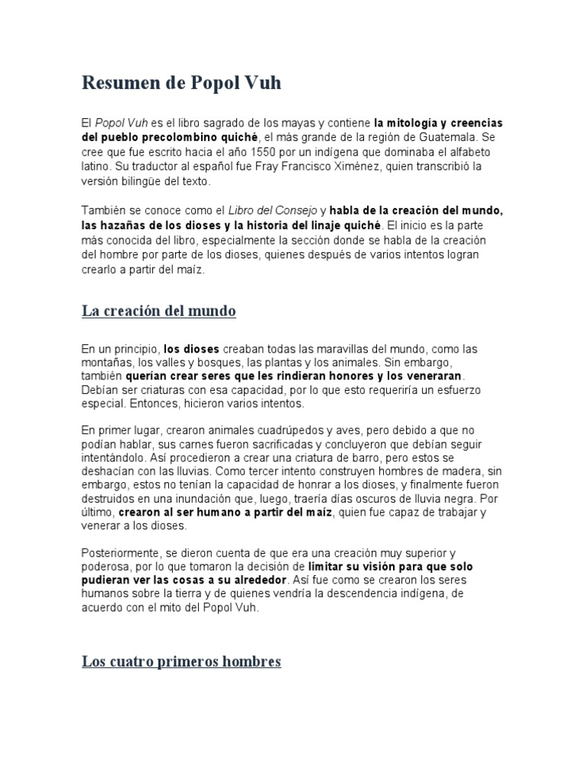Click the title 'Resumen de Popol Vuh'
pos(181,83)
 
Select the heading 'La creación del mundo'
pos(158,311)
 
